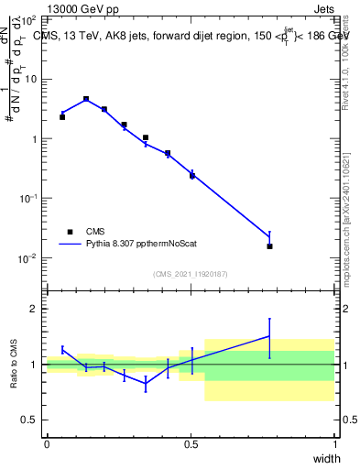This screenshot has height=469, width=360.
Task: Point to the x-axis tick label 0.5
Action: coord(191,444)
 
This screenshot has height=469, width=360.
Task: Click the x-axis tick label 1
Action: coord(335,444)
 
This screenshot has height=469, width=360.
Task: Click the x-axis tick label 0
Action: coord(47,444)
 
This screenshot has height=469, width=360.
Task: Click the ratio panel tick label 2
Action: coord(34,309)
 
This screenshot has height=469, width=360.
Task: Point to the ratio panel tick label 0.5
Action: coord(29,420)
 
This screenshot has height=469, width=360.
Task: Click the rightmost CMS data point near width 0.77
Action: coord(269,246)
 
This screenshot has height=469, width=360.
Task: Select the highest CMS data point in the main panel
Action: coord(86,99)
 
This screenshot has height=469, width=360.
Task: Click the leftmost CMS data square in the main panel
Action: coord(62,117)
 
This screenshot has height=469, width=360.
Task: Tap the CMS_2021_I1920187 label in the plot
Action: coord(191,273)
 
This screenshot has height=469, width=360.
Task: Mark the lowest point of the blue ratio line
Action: coord(146,385)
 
